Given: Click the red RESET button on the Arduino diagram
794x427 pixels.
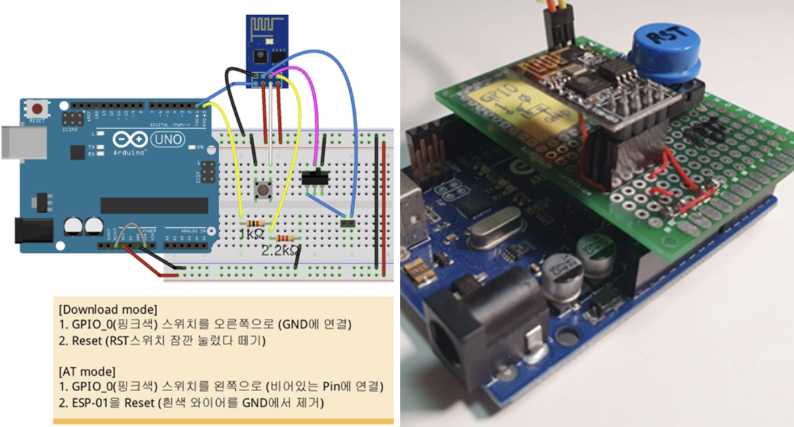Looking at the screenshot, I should point(39,109).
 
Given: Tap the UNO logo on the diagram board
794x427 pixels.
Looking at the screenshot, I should point(166,139).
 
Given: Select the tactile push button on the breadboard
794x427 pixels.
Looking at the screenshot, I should point(264,190).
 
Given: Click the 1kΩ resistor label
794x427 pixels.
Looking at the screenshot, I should point(252,234).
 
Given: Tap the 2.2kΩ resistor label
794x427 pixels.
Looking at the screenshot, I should point(280,250).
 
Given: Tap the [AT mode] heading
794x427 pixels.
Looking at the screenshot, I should point(86,371).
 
